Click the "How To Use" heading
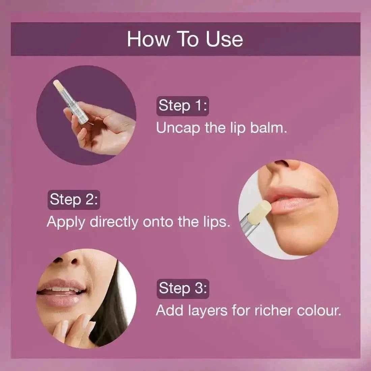click(x=185, y=39)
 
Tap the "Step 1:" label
click(x=182, y=105)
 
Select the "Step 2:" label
click(x=74, y=199)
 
